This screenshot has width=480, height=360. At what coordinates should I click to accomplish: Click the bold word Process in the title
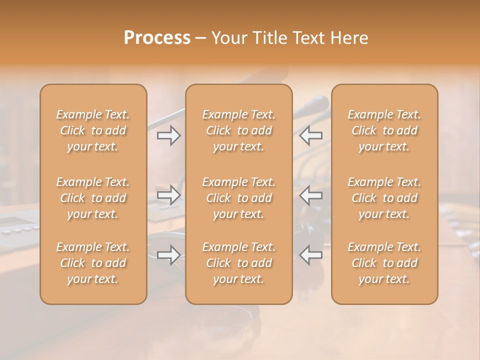(x=157, y=38)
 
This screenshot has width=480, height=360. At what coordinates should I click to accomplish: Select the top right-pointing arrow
(x=168, y=135)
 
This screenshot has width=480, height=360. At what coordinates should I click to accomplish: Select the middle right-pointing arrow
(x=168, y=194)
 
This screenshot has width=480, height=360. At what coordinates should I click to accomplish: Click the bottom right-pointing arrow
(x=168, y=255)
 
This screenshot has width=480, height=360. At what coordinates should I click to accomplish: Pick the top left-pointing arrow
(x=311, y=135)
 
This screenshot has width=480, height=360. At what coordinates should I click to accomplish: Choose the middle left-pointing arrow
(x=311, y=194)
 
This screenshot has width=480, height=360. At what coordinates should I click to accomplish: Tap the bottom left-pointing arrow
(x=311, y=255)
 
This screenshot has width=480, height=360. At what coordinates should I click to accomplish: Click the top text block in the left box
(x=93, y=130)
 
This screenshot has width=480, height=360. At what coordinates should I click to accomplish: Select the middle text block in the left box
(x=93, y=198)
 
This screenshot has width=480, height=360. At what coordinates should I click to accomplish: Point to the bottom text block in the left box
(x=93, y=263)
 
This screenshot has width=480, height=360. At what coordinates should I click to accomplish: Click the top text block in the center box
(x=238, y=130)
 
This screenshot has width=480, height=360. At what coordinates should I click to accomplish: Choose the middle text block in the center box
(x=238, y=198)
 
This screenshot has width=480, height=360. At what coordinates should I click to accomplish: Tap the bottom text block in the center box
(x=238, y=263)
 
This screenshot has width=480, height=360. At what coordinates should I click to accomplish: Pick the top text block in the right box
(x=384, y=130)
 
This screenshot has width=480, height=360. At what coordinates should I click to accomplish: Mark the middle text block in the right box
(x=384, y=198)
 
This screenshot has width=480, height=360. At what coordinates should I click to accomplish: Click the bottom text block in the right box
(x=384, y=263)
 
